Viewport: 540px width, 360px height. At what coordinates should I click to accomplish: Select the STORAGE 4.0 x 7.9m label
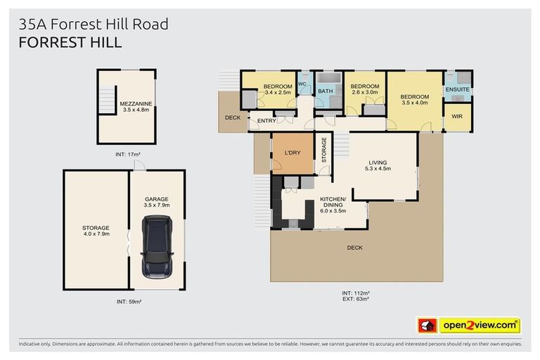96,231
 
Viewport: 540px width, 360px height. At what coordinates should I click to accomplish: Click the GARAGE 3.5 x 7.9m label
157,202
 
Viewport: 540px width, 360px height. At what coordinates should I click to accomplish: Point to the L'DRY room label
292,153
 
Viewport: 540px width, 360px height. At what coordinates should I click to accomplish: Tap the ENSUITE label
457,90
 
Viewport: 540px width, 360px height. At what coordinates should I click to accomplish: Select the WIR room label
457,116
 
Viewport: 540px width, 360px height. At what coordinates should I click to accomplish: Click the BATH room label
326,91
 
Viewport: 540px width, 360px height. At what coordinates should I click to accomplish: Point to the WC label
303,84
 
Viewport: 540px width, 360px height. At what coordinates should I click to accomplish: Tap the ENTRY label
266,122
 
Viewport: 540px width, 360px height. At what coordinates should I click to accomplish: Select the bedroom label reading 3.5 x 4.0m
415,100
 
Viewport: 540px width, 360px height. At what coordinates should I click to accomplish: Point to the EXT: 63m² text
355,299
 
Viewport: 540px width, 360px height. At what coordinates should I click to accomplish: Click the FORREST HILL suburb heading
70,43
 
